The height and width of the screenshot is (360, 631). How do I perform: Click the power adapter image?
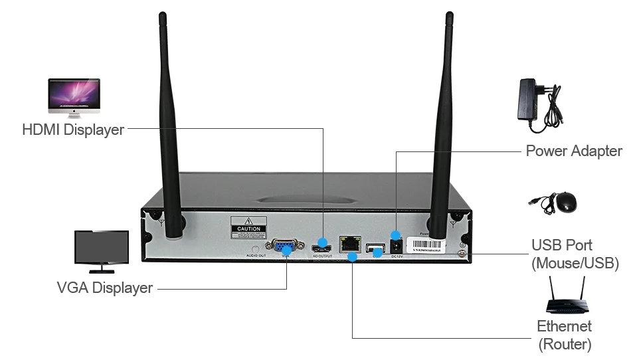pos(539,102)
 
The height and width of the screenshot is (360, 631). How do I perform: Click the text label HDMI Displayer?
pos(73,130)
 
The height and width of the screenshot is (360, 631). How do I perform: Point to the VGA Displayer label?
pos(105,288)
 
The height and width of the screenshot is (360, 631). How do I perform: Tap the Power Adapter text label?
pos(574,151)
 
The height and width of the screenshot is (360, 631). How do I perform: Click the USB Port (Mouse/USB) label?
pos(575,254)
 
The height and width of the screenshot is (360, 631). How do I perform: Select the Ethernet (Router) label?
pos(565,335)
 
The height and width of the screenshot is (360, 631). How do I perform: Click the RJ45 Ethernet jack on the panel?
pos(348,244)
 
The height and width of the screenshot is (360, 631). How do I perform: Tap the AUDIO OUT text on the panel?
pos(256,255)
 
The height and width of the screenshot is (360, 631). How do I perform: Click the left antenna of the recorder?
pos(169,133)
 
